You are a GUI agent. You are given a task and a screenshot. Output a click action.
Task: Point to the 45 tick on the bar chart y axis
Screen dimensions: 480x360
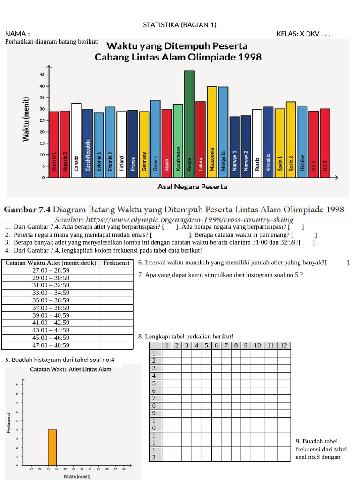click(42, 75)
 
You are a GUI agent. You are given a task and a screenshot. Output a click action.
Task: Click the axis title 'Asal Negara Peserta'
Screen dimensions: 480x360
click(192, 187)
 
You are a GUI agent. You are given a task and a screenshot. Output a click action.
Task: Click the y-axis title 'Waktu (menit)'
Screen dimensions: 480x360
click(26, 119)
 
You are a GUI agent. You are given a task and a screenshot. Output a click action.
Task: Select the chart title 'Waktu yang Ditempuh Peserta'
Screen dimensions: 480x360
click(178, 46)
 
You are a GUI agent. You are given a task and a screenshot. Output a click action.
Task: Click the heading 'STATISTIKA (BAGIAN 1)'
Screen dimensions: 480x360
click(180, 25)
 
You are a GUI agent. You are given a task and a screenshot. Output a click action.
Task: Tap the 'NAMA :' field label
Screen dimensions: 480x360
click(17, 34)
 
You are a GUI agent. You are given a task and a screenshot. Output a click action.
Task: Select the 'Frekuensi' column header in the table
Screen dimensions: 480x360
click(116, 263)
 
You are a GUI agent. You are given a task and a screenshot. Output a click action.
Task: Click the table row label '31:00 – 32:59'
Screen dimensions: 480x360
click(51, 285)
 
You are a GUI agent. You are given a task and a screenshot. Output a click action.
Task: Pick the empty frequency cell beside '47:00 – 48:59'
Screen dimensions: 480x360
click(116, 345)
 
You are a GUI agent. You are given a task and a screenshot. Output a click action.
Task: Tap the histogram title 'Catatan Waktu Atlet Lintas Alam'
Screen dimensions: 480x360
click(71, 369)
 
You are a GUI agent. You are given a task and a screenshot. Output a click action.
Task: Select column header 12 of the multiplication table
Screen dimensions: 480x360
click(283, 345)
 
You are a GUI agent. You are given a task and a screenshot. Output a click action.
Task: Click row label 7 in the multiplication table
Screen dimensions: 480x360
click(153, 398)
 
